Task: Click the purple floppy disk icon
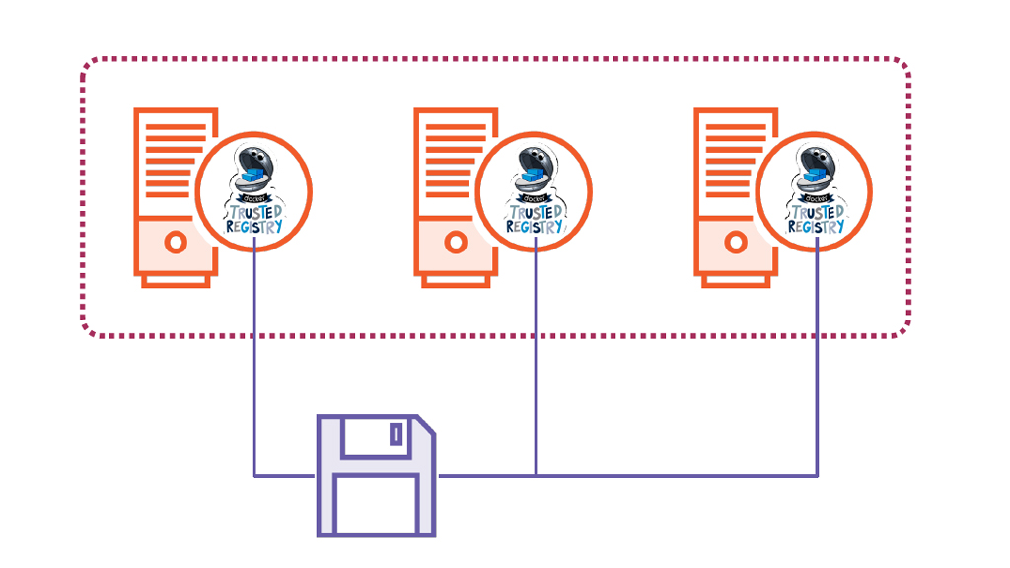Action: pyautogui.click(x=376, y=476)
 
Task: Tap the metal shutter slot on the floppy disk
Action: pyautogui.click(x=396, y=434)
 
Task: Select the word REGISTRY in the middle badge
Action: pyautogui.click(x=535, y=226)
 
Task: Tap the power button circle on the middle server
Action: pyautogui.click(x=456, y=242)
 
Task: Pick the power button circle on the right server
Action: pyautogui.click(x=736, y=242)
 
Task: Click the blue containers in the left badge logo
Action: pyautogui.click(x=253, y=177)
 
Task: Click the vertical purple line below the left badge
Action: pyautogui.click(x=255, y=365)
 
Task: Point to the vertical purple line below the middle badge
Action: pyautogui.click(x=536, y=365)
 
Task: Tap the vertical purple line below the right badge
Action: pyautogui.click(x=818, y=365)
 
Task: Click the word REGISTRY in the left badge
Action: pyautogui.click(x=254, y=226)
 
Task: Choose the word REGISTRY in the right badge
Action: pyautogui.click(x=815, y=226)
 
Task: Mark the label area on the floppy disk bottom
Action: pyautogui.click(x=376, y=505)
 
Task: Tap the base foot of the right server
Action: pyautogui.click(x=736, y=281)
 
